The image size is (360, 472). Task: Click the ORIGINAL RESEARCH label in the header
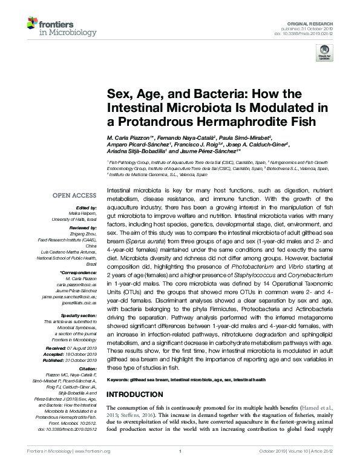point(316,21)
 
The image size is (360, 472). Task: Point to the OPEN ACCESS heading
point(74,195)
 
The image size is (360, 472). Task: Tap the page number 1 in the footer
point(180,467)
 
